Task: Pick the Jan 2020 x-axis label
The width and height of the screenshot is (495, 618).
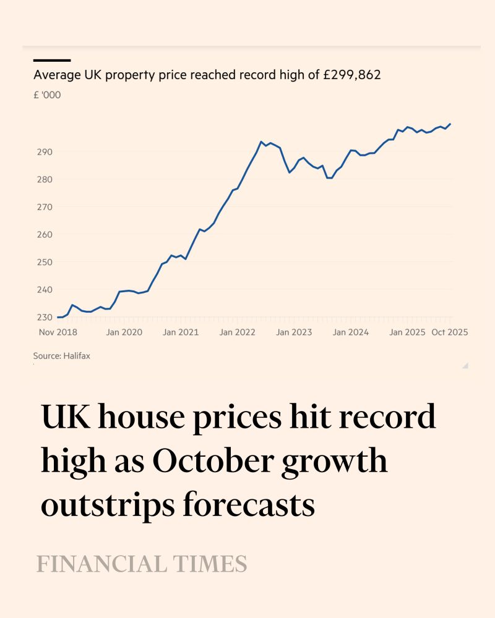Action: pyautogui.click(x=124, y=332)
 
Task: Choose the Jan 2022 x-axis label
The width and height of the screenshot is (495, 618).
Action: pyautogui.click(x=238, y=332)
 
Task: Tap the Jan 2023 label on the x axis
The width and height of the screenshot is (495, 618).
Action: pyautogui.click(x=294, y=332)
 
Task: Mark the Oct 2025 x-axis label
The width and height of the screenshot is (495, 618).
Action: pyautogui.click(x=449, y=332)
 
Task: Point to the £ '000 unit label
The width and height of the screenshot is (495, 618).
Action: pyautogui.click(x=47, y=96)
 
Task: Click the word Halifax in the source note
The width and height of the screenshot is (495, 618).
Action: pyautogui.click(x=76, y=356)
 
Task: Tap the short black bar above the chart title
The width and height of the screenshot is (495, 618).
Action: pyautogui.click(x=52, y=60)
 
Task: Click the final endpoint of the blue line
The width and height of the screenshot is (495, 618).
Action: pyautogui.click(x=450, y=124)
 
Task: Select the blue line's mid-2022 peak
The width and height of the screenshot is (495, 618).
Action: pyautogui.click(x=261, y=142)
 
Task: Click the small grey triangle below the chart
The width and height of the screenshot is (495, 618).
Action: pyautogui.click(x=465, y=365)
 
